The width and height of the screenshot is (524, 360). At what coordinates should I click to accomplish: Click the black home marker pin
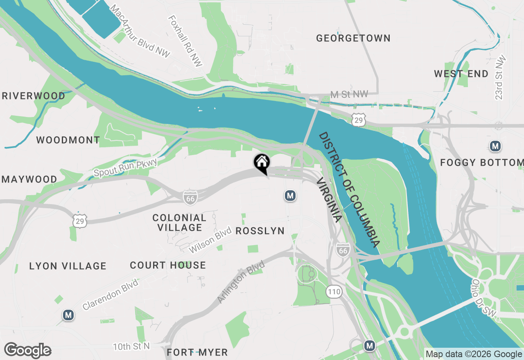click(x=262, y=163)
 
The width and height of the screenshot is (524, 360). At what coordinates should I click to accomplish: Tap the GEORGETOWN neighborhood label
click(x=353, y=38)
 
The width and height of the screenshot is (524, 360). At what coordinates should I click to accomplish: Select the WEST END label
click(x=461, y=74)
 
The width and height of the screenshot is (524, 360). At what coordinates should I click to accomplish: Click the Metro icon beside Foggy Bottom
click(x=495, y=146)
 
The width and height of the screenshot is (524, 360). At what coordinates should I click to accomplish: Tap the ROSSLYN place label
click(x=260, y=231)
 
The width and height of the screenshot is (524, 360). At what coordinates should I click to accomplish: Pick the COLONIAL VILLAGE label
click(x=179, y=223)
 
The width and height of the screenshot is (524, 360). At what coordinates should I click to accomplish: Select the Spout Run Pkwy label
click(x=125, y=167)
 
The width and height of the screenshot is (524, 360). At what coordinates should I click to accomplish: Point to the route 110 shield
click(x=334, y=292)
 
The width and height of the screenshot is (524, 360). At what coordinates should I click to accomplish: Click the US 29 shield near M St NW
click(x=358, y=120)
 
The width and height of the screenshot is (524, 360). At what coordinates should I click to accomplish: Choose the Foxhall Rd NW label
click(x=185, y=42)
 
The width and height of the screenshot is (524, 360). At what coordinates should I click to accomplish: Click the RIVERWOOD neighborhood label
click(x=34, y=96)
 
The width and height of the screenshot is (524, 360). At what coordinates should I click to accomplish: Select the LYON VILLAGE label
click(x=68, y=266)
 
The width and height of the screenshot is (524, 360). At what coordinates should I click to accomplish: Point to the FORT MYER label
click(x=197, y=352)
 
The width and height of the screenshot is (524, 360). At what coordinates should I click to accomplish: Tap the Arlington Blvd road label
click(x=241, y=282)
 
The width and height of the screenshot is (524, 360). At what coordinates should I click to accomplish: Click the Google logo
click(x=27, y=350)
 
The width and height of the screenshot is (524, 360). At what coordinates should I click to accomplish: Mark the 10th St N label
click(x=131, y=346)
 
